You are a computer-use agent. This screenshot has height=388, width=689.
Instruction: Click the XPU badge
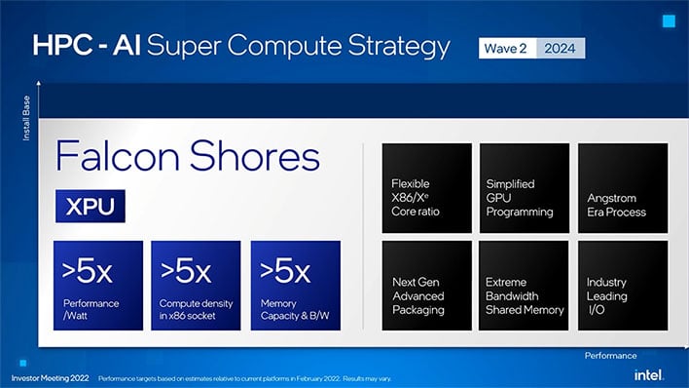tap(91, 206)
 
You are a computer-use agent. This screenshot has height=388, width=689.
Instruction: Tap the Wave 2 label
tap(509, 48)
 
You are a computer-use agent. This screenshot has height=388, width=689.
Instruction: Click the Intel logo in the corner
tap(648, 375)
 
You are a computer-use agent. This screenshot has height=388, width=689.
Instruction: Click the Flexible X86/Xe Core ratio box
tap(426, 188)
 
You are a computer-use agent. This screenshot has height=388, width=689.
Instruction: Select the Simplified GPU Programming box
tap(525, 188)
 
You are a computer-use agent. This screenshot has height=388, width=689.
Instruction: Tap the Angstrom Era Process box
tap(623, 188)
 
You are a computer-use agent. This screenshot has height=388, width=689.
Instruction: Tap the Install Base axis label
tap(26, 116)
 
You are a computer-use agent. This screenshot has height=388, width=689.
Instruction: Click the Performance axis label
tap(611, 356)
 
